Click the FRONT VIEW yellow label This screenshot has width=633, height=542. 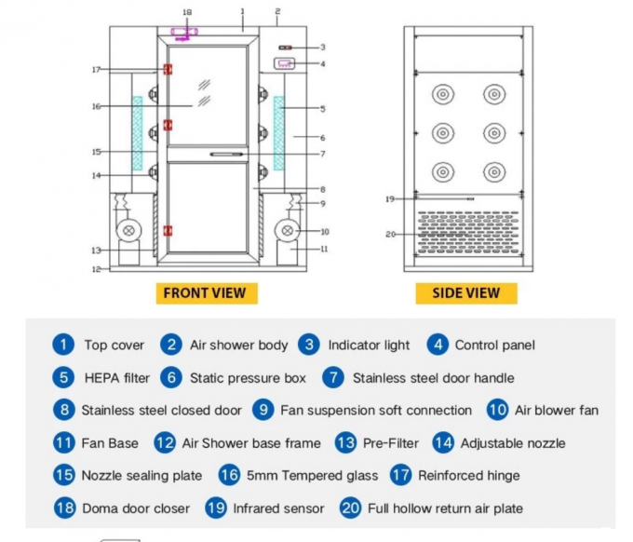point(205,292)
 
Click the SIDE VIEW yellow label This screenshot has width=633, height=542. point(465,292)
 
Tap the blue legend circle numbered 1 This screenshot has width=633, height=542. point(62,345)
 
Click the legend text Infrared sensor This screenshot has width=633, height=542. point(278,508)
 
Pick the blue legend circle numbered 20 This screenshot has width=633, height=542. point(350,508)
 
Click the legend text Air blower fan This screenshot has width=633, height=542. point(557,411)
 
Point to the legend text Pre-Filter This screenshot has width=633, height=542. point(390,443)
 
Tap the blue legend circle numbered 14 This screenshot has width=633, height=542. point(444,443)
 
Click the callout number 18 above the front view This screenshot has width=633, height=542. point(186,12)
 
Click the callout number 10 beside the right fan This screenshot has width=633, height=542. point(324,231)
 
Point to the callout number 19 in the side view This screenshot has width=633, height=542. point(391,198)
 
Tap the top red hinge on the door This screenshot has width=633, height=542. point(168,70)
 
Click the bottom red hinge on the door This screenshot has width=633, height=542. point(168,230)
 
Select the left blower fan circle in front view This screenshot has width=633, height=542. point(124,231)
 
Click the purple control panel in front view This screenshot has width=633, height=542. point(285,63)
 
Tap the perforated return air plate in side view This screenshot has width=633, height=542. point(466,231)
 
